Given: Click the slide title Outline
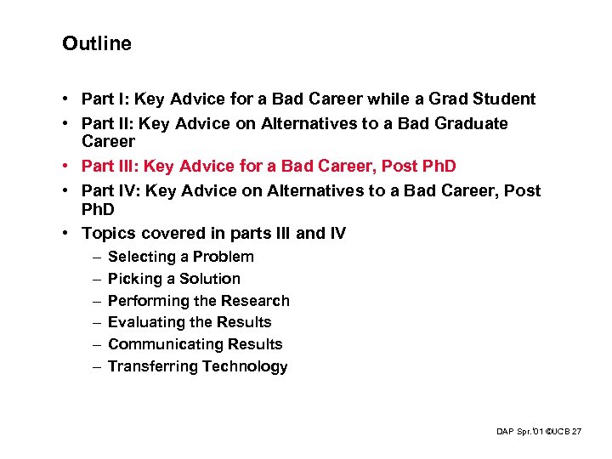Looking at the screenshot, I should click(96, 43).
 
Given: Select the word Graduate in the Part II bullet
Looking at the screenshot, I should click(472, 124).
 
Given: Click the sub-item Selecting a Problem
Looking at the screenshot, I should click(181, 257).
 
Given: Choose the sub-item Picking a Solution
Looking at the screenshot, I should click(174, 279).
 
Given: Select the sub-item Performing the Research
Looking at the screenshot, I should click(199, 301).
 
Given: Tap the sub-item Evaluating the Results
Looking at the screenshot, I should click(190, 322).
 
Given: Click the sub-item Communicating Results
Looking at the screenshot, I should click(195, 344).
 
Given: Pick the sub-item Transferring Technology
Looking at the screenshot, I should click(198, 366).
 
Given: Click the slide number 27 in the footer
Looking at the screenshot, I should click(577, 433).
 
